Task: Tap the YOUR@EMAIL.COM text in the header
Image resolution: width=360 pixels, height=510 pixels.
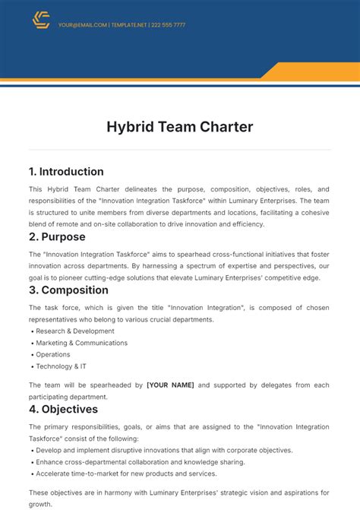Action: tap(82, 24)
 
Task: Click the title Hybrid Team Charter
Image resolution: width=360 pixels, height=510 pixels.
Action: tap(179, 127)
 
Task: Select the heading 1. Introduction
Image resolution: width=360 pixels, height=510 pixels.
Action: tap(66, 171)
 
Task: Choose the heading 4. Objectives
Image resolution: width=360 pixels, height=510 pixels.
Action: tap(65, 409)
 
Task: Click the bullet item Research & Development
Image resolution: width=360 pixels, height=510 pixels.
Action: tap(75, 331)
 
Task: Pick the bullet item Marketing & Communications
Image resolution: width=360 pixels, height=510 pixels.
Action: tap(82, 343)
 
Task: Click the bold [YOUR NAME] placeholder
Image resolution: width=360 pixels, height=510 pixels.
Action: tap(170, 385)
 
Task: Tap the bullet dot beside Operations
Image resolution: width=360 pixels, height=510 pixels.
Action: tap(32, 355)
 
